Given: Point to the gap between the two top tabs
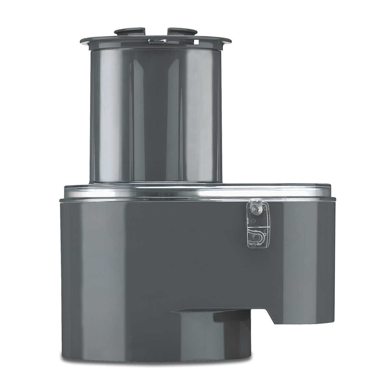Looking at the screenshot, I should (x=154, y=32).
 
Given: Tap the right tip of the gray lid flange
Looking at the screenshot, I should (x=231, y=41).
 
